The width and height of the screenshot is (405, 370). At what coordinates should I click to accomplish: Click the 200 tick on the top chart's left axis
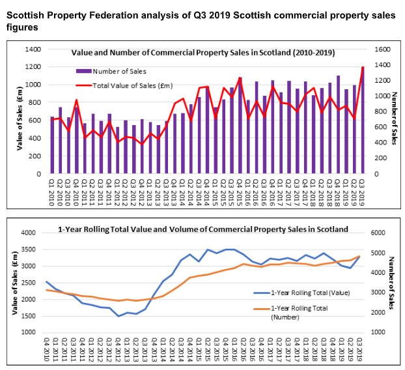click(31, 156)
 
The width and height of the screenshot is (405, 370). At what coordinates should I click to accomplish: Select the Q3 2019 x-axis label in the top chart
click(363, 192)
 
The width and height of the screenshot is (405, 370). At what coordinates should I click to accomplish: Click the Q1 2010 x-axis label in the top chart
click(52, 192)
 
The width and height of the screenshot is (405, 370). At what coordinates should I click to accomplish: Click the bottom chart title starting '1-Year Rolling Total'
click(202, 229)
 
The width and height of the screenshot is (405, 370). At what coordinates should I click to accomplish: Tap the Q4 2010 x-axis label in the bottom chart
click(47, 349)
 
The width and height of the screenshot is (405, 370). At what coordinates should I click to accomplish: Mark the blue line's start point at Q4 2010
click(46, 281)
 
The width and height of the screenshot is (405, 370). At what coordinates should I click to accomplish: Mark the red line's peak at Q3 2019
click(363, 67)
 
